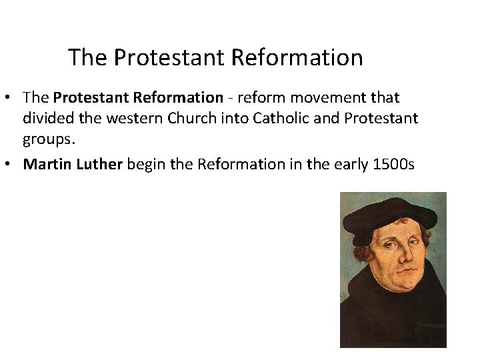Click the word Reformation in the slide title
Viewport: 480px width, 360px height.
(x=297, y=57)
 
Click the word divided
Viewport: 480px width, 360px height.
(x=48, y=118)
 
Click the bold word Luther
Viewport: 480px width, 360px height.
(x=99, y=164)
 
